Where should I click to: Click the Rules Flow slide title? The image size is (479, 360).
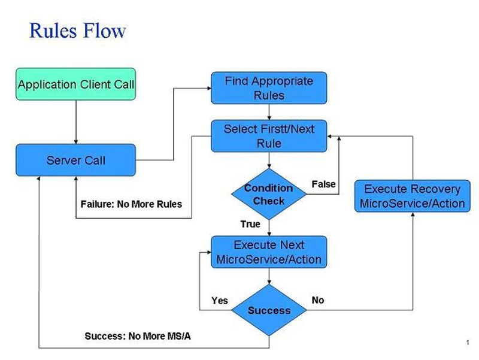point(78,31)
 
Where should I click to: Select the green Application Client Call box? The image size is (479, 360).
point(76,84)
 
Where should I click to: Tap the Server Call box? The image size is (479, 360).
point(76,160)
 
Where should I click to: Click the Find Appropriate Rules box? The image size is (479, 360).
point(269,88)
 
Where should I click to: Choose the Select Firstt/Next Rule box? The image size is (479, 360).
point(269,136)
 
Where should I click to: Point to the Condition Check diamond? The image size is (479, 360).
point(269,193)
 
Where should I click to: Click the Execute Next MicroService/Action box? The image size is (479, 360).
point(269,252)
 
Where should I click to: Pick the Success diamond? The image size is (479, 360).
point(269,310)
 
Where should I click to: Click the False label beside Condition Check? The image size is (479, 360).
point(323,184)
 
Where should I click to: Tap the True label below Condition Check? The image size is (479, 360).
point(250,224)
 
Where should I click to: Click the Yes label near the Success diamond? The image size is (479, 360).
point(220,300)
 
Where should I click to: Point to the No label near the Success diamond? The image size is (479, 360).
point(318,300)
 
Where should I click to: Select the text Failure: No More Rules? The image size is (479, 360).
point(131,204)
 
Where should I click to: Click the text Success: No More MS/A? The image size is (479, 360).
point(138,336)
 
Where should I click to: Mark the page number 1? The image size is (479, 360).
point(466,342)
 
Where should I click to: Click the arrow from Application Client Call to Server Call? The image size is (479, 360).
point(76,122)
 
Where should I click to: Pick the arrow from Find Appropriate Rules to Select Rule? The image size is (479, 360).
point(269,112)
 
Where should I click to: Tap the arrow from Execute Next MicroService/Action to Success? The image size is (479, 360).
point(269,276)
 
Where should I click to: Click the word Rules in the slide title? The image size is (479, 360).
point(54,31)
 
